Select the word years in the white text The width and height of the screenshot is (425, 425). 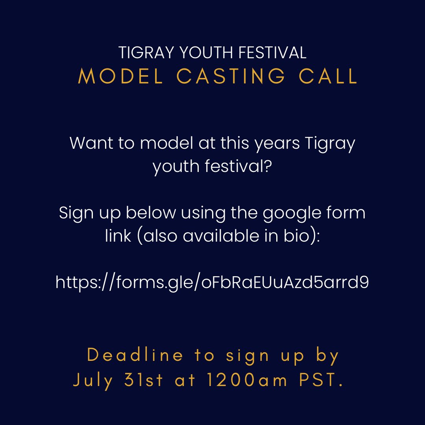[x=277, y=143]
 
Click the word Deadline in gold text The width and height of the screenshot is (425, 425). [x=135, y=355]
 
